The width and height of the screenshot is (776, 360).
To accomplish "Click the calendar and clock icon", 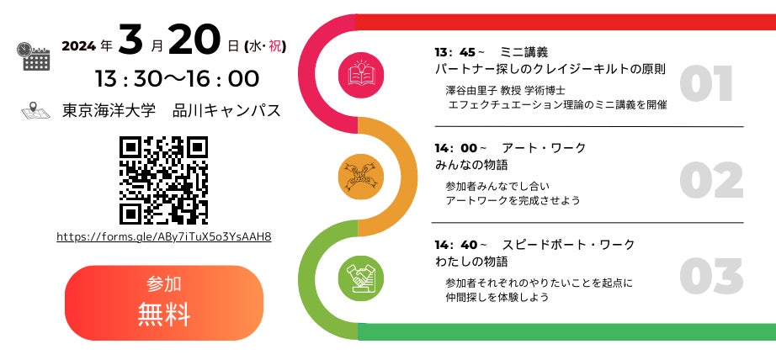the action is click(x=35, y=55).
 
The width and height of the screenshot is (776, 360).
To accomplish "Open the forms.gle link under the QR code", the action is click(x=163, y=236).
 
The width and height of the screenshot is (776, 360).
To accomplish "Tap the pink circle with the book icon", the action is click(x=360, y=73).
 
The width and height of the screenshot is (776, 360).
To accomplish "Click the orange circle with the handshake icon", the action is click(x=360, y=176).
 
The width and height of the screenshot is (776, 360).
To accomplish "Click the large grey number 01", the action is click(x=706, y=83).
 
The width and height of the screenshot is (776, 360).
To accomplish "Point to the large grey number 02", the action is click(x=710, y=179).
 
